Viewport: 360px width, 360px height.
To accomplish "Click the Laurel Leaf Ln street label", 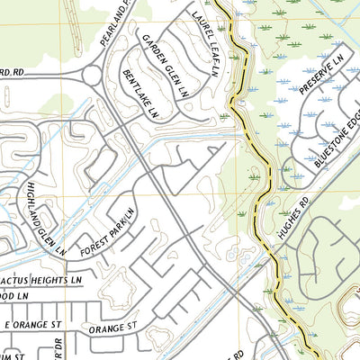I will point(204,40).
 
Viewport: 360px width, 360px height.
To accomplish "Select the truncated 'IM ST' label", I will point(12,356).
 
